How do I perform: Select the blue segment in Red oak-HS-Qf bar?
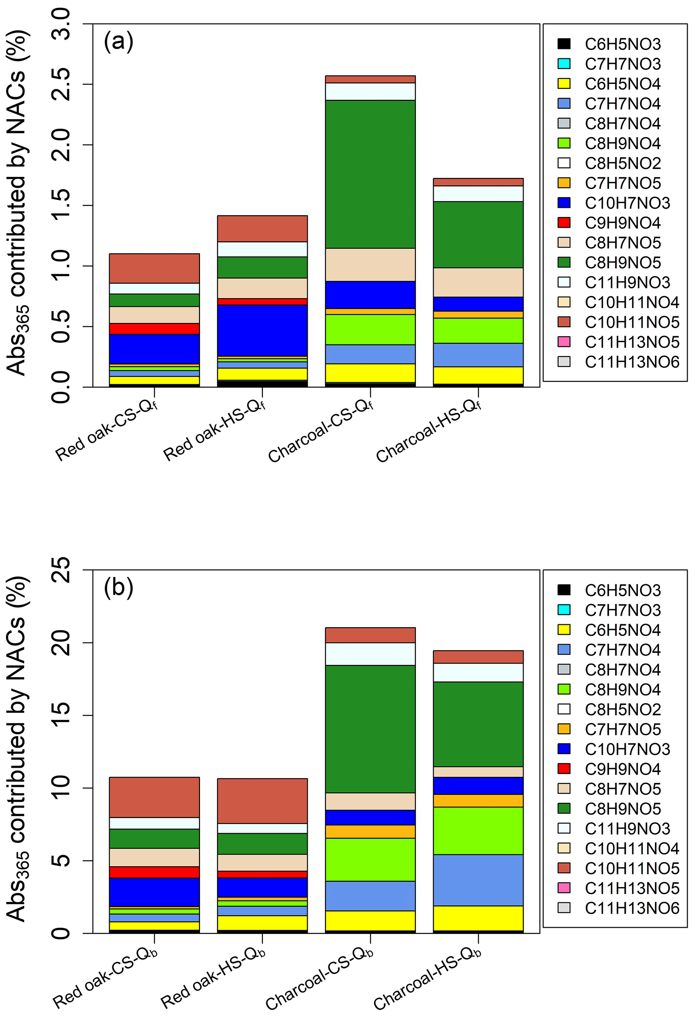[x=262, y=330]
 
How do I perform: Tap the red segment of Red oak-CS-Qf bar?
[x=154, y=329]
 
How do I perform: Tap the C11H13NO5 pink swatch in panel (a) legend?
[x=564, y=342]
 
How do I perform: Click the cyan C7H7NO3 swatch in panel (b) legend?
[x=564, y=610]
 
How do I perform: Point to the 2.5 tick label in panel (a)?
[x=61, y=84]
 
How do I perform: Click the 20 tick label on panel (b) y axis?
[x=61, y=643]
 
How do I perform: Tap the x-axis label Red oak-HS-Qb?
[x=213, y=980]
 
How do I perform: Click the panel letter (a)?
[x=118, y=42]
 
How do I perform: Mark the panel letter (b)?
[x=118, y=588]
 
